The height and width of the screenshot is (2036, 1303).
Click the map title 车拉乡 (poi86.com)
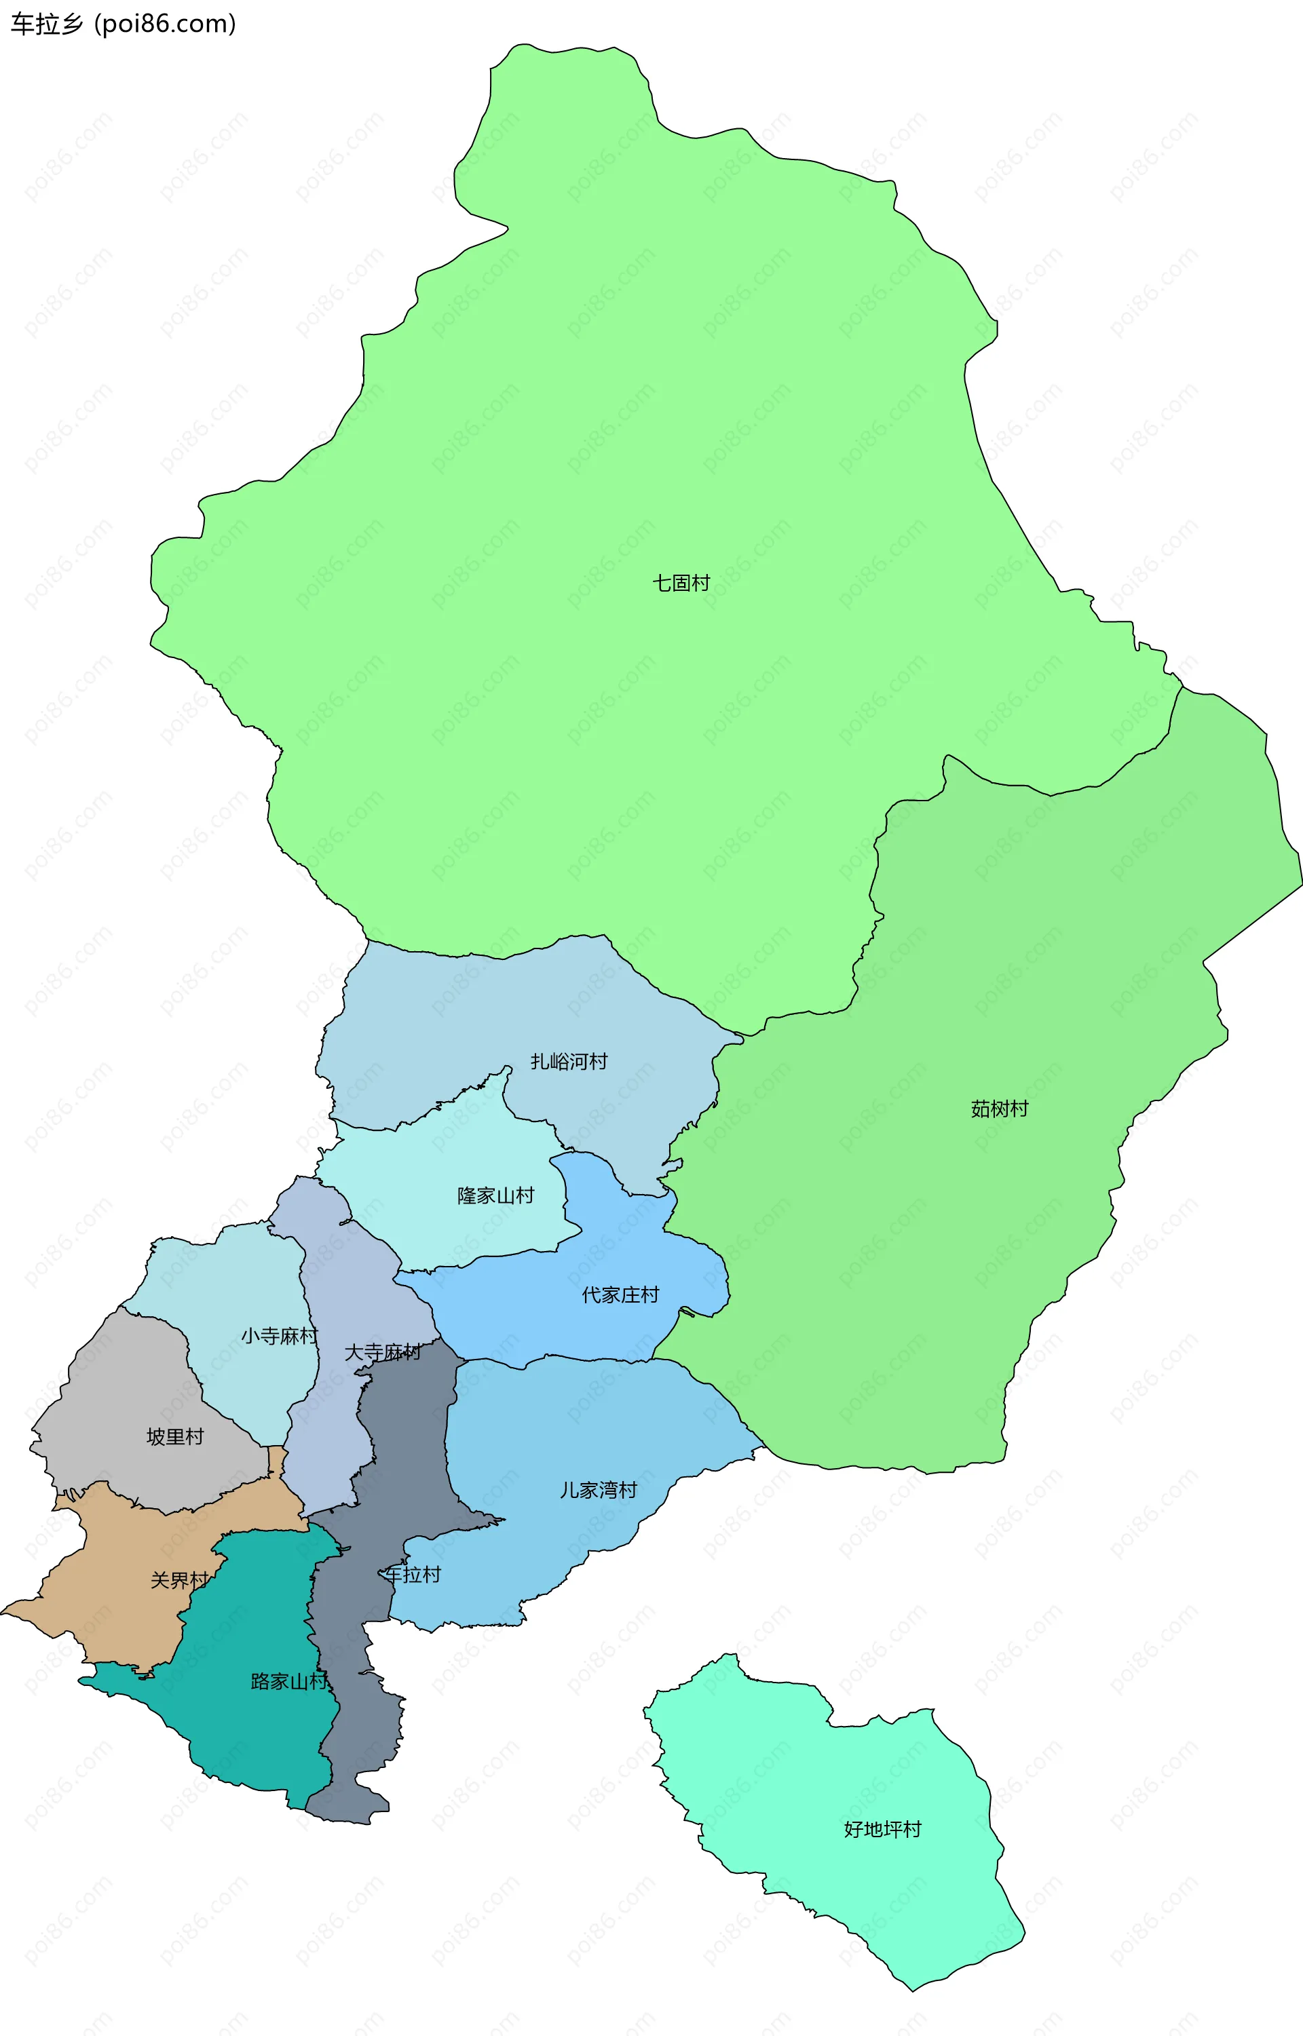tap(123, 24)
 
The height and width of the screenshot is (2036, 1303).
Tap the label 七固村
tap(681, 583)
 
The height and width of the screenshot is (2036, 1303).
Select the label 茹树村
tap(999, 1109)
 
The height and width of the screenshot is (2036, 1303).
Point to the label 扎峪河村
tap(569, 1062)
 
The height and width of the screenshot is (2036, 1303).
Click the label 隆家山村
tap(496, 1195)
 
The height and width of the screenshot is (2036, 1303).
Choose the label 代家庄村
tap(620, 1295)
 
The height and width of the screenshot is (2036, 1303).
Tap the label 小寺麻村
tap(279, 1336)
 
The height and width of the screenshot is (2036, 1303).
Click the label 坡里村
tap(175, 1436)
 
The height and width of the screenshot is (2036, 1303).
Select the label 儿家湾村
tap(598, 1490)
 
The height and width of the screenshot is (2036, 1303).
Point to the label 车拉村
tap(413, 1574)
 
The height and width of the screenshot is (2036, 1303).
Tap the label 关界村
tap(179, 1580)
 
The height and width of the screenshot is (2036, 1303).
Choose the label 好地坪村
tap(882, 1829)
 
